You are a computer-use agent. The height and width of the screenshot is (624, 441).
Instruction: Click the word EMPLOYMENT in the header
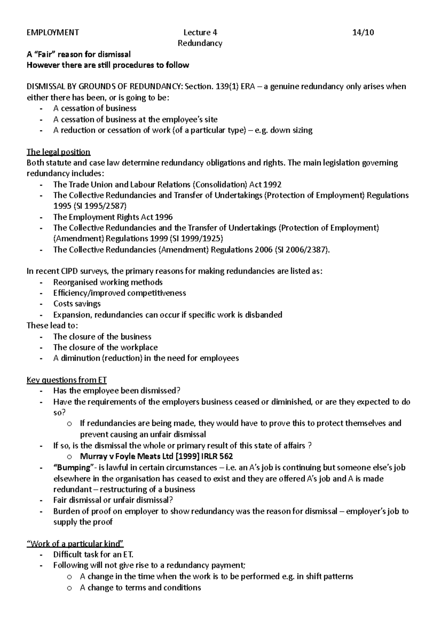coord(53,32)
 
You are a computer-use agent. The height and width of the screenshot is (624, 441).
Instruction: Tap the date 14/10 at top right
coord(363,32)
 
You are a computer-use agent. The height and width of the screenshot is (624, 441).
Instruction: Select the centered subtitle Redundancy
coord(200,43)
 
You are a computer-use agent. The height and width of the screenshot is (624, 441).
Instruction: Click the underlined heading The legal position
coord(58,152)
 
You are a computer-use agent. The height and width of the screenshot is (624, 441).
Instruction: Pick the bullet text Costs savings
coord(77,304)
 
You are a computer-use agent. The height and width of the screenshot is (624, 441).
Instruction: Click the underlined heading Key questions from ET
coord(67,380)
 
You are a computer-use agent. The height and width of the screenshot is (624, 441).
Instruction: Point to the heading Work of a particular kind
coord(76,544)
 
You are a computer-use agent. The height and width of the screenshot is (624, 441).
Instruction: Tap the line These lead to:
coord(52,326)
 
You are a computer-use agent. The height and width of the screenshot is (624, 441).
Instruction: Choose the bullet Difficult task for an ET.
coord(90,555)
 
